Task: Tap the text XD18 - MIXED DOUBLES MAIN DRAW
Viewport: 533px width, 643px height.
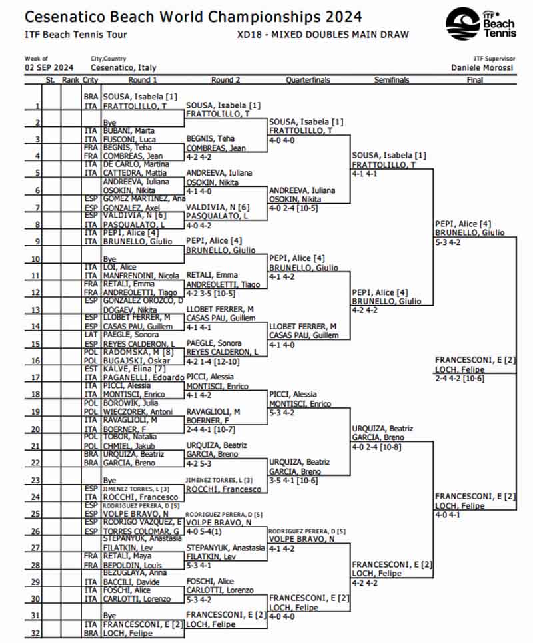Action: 322,35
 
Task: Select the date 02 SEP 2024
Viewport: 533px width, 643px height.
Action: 49,68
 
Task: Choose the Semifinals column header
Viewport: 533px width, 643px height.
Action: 392,80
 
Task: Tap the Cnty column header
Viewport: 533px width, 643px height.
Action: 91,80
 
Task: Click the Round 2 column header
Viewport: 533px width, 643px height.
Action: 225,80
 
